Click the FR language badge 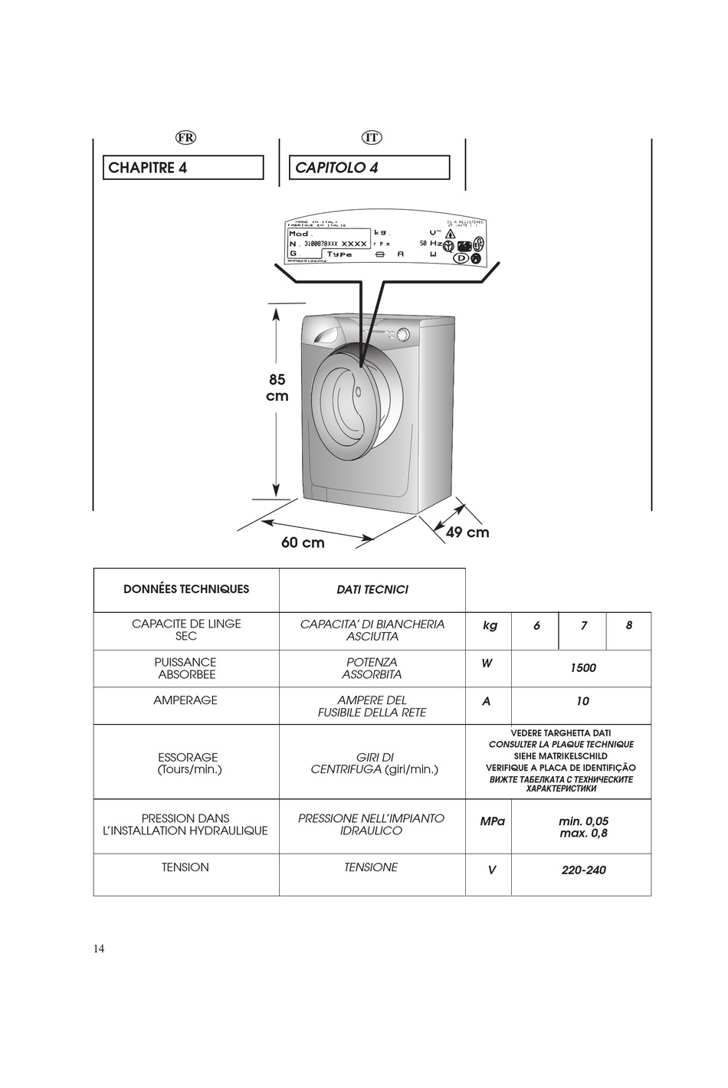tap(185, 137)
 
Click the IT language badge tap(372, 137)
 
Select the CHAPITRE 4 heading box tap(183, 168)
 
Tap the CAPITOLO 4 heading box tap(369, 168)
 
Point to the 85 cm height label tap(277, 388)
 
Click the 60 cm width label tap(303, 542)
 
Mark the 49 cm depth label tap(467, 532)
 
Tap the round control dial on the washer tap(402, 335)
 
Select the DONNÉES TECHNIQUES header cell tap(186, 589)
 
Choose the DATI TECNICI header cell tap(372, 589)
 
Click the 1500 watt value tap(582, 667)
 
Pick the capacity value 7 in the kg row tap(583, 625)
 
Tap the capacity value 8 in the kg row tap(629, 625)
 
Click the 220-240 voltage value tap(583, 870)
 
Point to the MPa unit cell tap(492, 821)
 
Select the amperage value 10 tap(582, 701)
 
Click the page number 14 tap(100, 949)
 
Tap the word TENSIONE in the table tap(371, 867)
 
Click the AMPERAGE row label tap(185, 700)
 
